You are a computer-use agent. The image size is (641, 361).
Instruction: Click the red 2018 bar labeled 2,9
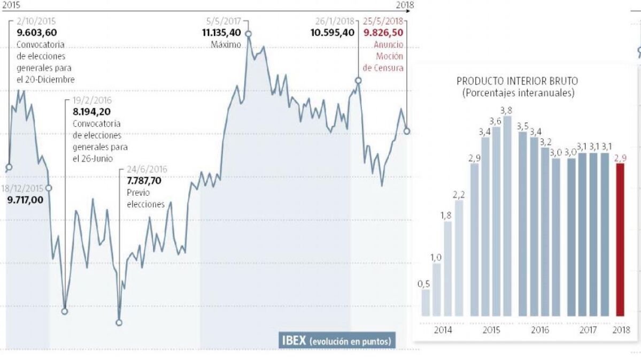pyautogui.click(x=620, y=240)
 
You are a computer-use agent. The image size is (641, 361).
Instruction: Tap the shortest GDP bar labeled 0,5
pyautogui.click(x=426, y=303)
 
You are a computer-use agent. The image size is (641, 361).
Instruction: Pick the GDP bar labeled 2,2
pyautogui.click(x=459, y=258)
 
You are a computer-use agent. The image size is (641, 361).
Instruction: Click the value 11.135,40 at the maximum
pyautogui.click(x=221, y=32)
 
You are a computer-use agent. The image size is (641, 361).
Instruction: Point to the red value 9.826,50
pyautogui.click(x=383, y=32)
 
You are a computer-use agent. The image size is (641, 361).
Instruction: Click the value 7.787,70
pyautogui.click(x=144, y=180)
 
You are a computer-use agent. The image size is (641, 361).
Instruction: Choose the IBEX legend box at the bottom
pyautogui.click(x=336, y=341)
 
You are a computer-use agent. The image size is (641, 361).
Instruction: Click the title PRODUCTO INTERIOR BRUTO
pyautogui.click(x=517, y=81)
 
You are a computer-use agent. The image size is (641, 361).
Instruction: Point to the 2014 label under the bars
pyautogui.click(x=443, y=331)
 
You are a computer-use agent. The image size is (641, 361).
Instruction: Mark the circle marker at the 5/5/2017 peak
pyautogui.click(x=249, y=33)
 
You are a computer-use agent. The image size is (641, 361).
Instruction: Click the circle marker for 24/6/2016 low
pyautogui.click(x=119, y=322)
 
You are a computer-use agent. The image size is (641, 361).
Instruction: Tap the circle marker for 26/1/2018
pyautogui.click(x=358, y=80)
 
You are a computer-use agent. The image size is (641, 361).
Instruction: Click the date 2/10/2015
pyautogui.click(x=36, y=21)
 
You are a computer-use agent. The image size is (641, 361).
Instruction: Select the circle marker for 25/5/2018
pyautogui.click(x=407, y=130)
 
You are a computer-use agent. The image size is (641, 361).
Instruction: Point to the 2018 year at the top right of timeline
pyautogui.click(x=405, y=5)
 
